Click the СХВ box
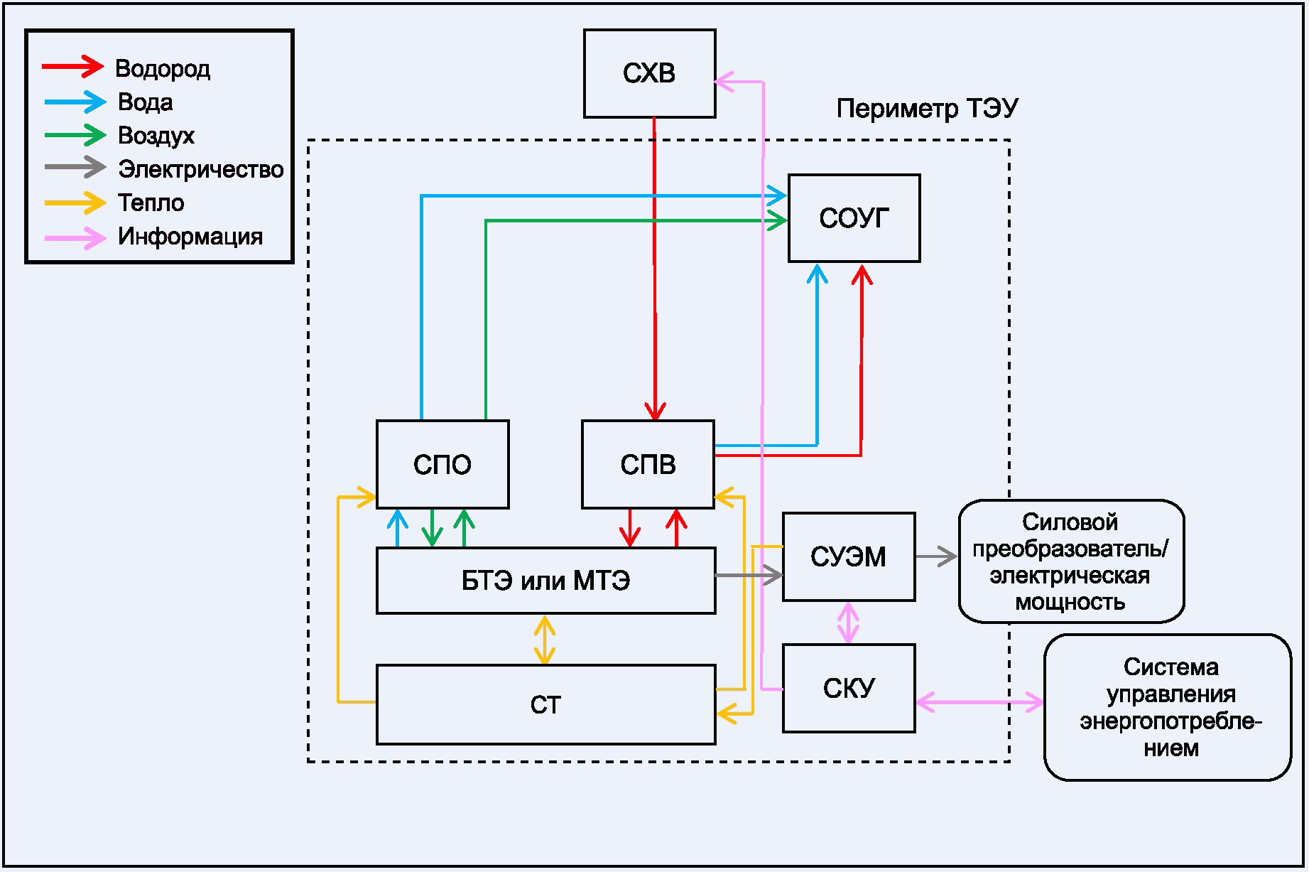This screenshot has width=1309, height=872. pos(649,73)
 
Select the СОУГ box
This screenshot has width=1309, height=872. pos(854,218)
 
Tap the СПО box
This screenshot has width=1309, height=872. pos(442,465)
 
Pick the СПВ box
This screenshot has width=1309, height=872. pos(648,465)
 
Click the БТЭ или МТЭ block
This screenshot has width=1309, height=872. pos(545,581)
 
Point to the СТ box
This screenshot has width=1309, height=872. pos(545,705)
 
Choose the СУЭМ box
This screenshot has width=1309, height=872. pos(849,557)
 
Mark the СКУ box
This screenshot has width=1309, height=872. pos(849,688)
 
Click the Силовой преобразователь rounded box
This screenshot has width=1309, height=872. pos(1070,561)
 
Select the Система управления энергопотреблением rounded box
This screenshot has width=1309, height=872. pos(1168,707)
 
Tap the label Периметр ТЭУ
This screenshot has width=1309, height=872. pos(927,109)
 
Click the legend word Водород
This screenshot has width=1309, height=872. pos(163,69)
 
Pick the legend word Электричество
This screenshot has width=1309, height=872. pos(201,169)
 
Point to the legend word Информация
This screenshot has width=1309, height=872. pos(190,237)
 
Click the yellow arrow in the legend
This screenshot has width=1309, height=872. pos(75,203)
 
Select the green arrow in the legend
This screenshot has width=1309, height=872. pos(75,135)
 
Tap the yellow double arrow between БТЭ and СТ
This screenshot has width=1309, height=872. pos(545,640)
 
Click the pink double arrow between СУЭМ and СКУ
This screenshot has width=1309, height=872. pos(848,623)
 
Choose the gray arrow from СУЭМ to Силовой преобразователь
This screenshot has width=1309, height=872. pos(936,556)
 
